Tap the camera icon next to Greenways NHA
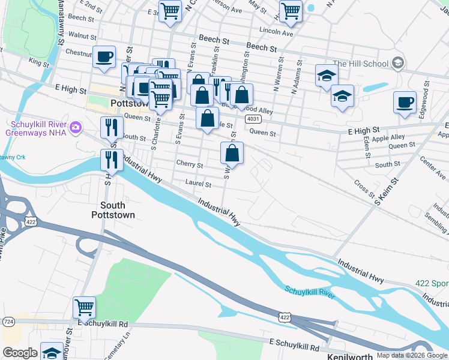point(76,127)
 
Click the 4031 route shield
point(252,119)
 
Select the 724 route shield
point(8,322)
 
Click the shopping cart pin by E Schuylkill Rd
point(84,307)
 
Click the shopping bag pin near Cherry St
point(232,153)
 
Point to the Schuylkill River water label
point(309,292)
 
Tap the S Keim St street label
point(387,191)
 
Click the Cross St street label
point(364,190)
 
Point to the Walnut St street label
point(82,36)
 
